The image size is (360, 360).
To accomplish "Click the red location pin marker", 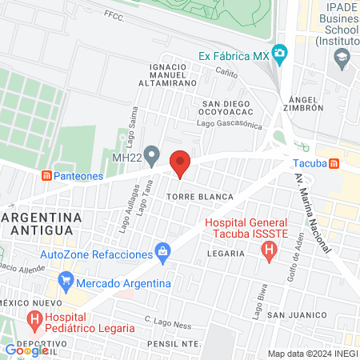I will click(x=180, y=163).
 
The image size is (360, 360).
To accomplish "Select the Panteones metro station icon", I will click(x=47, y=175).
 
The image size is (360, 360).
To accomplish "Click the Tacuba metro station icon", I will click(x=334, y=163).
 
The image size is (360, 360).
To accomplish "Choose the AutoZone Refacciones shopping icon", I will click(x=164, y=254).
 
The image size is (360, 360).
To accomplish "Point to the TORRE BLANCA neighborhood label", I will click(x=200, y=196).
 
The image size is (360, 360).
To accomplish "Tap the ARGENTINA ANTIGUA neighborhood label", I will click(x=40, y=223).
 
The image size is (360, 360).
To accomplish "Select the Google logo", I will click(x=27, y=350).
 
